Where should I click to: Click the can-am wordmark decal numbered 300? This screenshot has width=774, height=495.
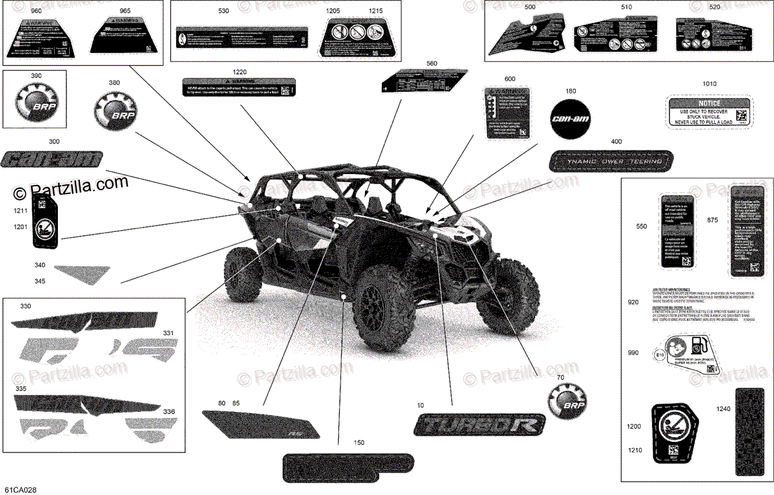pos(52,159)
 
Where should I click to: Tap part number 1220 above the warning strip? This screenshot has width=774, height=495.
pos(240,72)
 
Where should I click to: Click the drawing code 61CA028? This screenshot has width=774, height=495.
pos(20,490)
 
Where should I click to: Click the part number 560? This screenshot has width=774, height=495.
pos(432,63)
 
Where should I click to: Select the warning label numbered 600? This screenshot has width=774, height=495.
pos(506,112)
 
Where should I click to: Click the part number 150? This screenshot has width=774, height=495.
pos(359,443)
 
